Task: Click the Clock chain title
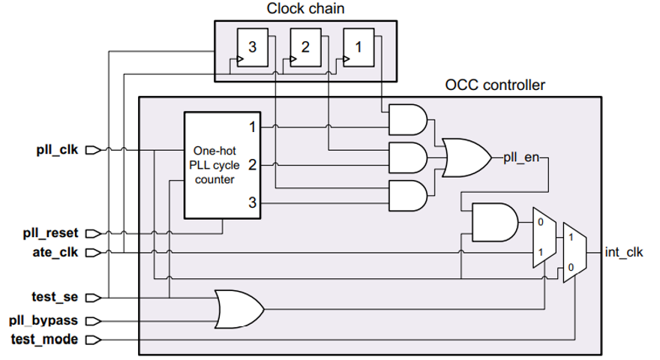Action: click(x=306, y=8)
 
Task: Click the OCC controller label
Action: click(x=496, y=85)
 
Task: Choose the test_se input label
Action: click(x=57, y=297)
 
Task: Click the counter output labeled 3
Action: click(x=253, y=202)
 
